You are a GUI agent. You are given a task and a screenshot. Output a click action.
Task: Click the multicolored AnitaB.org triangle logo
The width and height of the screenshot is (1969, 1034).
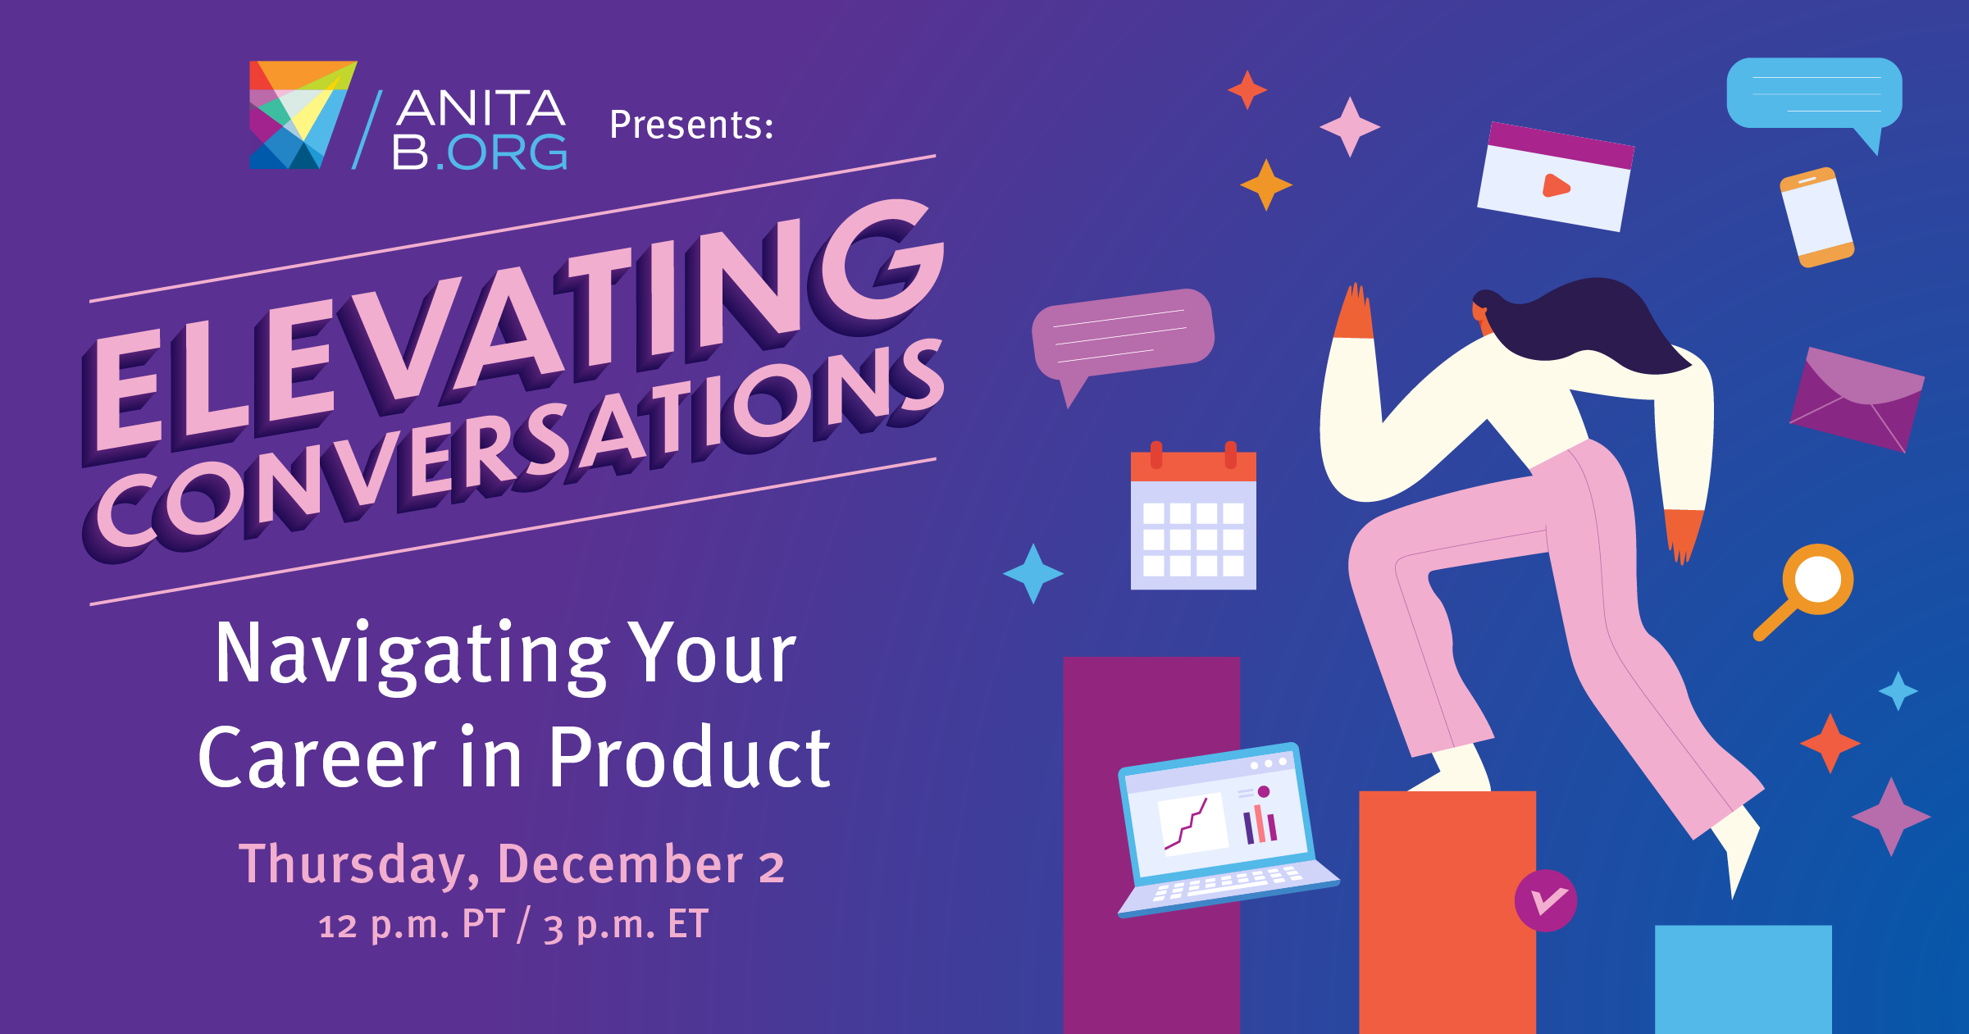click(x=303, y=115)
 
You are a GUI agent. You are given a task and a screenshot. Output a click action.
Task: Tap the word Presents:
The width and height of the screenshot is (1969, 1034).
click(x=691, y=125)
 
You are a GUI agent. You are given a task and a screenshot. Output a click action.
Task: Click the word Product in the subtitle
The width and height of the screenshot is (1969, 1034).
click(x=689, y=758)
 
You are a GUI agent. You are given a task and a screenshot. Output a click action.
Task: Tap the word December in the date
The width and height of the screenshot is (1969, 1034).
click(x=620, y=865)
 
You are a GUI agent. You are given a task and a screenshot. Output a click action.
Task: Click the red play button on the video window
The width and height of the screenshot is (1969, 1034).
click(x=1556, y=186)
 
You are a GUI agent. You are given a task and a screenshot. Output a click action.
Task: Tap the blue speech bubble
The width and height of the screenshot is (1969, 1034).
click(x=1814, y=97)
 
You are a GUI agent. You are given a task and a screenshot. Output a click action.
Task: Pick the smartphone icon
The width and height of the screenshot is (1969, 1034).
click(x=1816, y=217)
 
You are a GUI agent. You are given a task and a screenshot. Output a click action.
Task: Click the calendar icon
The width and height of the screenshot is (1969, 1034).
click(x=1193, y=516)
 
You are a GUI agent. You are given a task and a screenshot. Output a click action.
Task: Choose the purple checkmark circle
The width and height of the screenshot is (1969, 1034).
click(x=1546, y=900)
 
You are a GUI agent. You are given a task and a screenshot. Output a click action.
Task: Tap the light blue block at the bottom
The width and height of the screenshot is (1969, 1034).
click(x=1743, y=979)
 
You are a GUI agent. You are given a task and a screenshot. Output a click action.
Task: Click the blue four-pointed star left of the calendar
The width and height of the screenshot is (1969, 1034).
click(x=1033, y=573)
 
